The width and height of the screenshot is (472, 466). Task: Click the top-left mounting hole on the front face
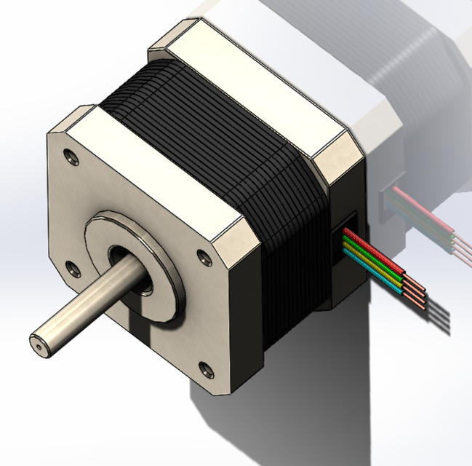coord(70,155)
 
